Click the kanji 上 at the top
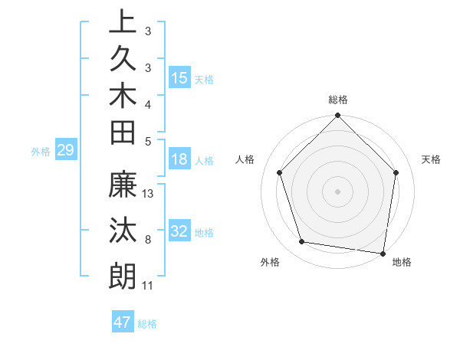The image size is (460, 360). coord(123,21)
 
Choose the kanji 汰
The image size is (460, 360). coord(123,231)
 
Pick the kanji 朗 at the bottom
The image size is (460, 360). coord(123,276)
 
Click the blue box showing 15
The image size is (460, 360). coord(179,78)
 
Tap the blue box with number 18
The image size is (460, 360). coord(179,159)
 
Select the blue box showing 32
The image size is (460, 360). coord(179,231)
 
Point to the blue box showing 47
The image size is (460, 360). coord(123,322)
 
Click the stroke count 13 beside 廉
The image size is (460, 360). coord(149,193)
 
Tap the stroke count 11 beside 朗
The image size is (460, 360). coord(148,286)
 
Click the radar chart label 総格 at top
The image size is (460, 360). coord(338,100)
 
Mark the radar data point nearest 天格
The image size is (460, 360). coord(396,172)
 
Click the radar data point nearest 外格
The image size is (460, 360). coord(302,242)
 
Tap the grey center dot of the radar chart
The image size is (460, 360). coord(338,191)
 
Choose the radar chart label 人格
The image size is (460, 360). coord(245,159)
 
